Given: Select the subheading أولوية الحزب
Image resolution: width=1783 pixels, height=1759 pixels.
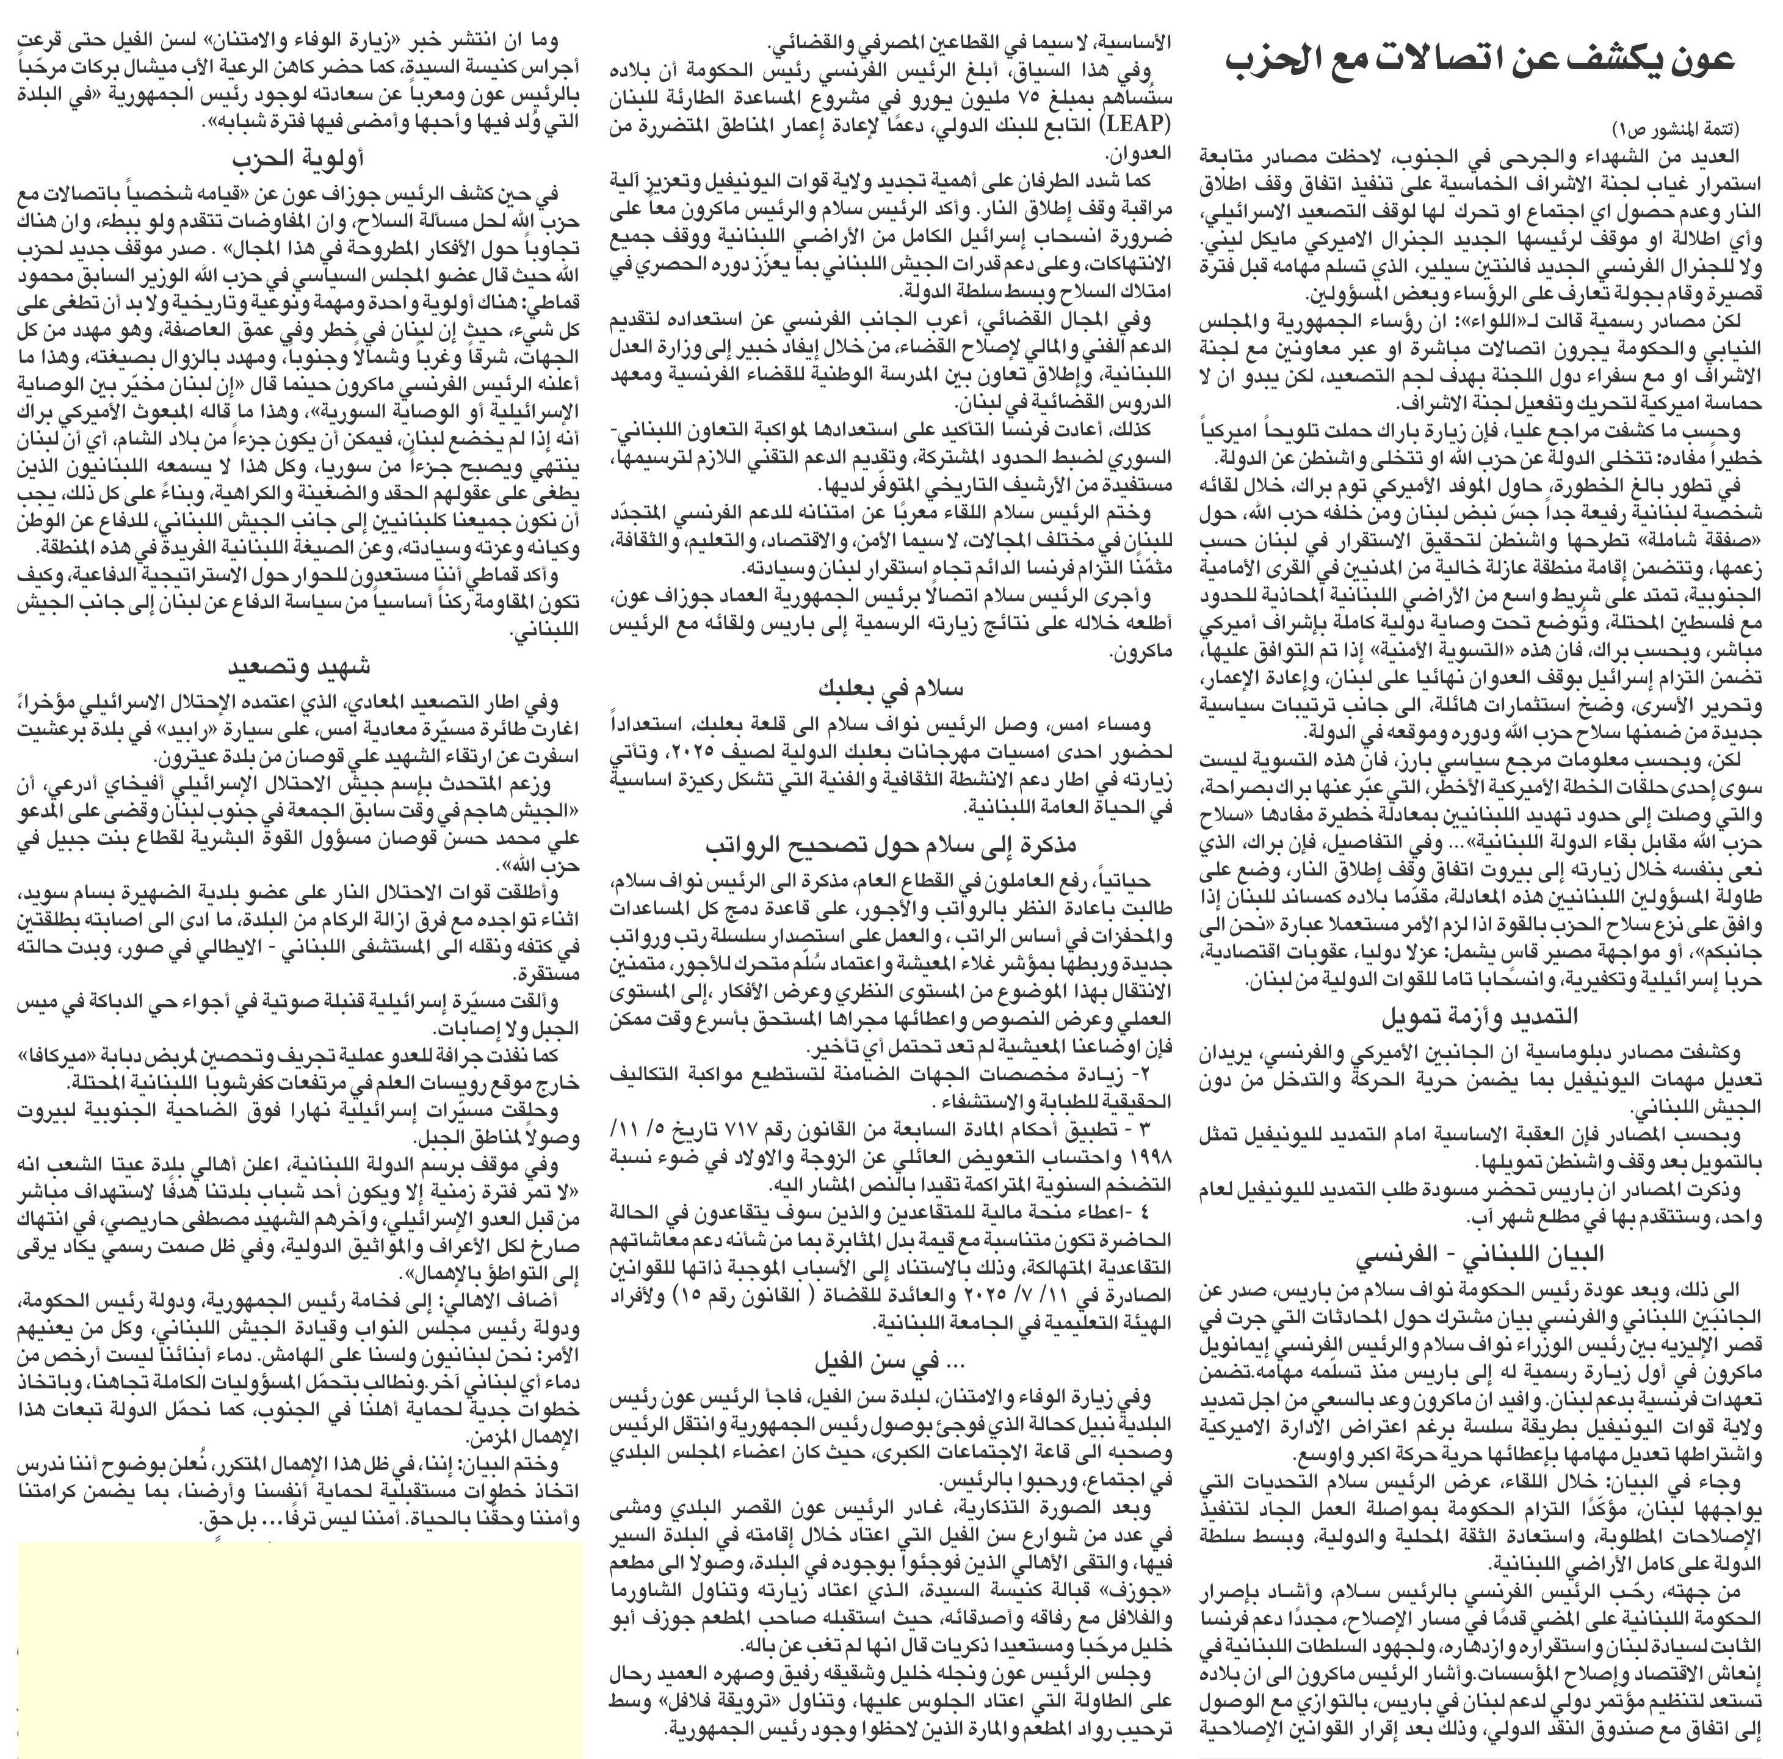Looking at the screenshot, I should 296,159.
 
